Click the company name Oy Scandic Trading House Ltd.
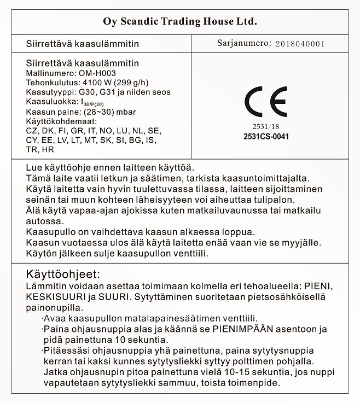[180, 22]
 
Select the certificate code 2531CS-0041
[266, 136]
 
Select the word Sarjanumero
[244, 43]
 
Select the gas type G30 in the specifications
[88, 92]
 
